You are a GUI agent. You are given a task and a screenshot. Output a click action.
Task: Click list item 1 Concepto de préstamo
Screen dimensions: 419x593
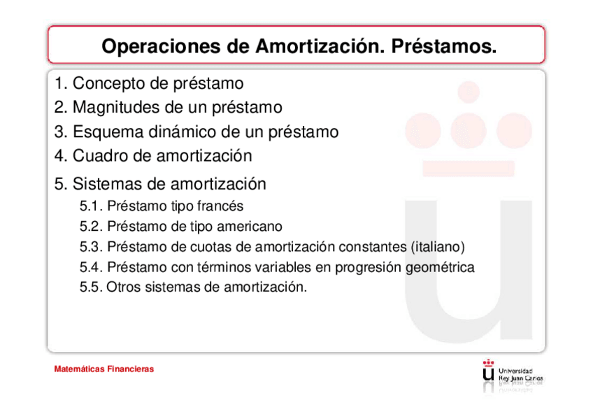(149, 84)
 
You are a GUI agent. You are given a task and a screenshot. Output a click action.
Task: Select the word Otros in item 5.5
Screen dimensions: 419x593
(123, 287)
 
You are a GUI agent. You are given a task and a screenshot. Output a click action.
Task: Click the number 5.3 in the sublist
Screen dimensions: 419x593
(91, 247)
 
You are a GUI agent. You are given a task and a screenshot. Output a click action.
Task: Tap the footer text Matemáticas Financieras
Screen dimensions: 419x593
(104, 369)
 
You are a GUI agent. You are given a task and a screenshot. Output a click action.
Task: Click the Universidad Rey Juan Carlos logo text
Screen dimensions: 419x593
(520, 374)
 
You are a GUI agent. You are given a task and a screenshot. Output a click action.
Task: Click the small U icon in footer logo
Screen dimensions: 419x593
(488, 372)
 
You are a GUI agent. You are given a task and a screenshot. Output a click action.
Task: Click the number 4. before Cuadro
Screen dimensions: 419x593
(61, 155)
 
